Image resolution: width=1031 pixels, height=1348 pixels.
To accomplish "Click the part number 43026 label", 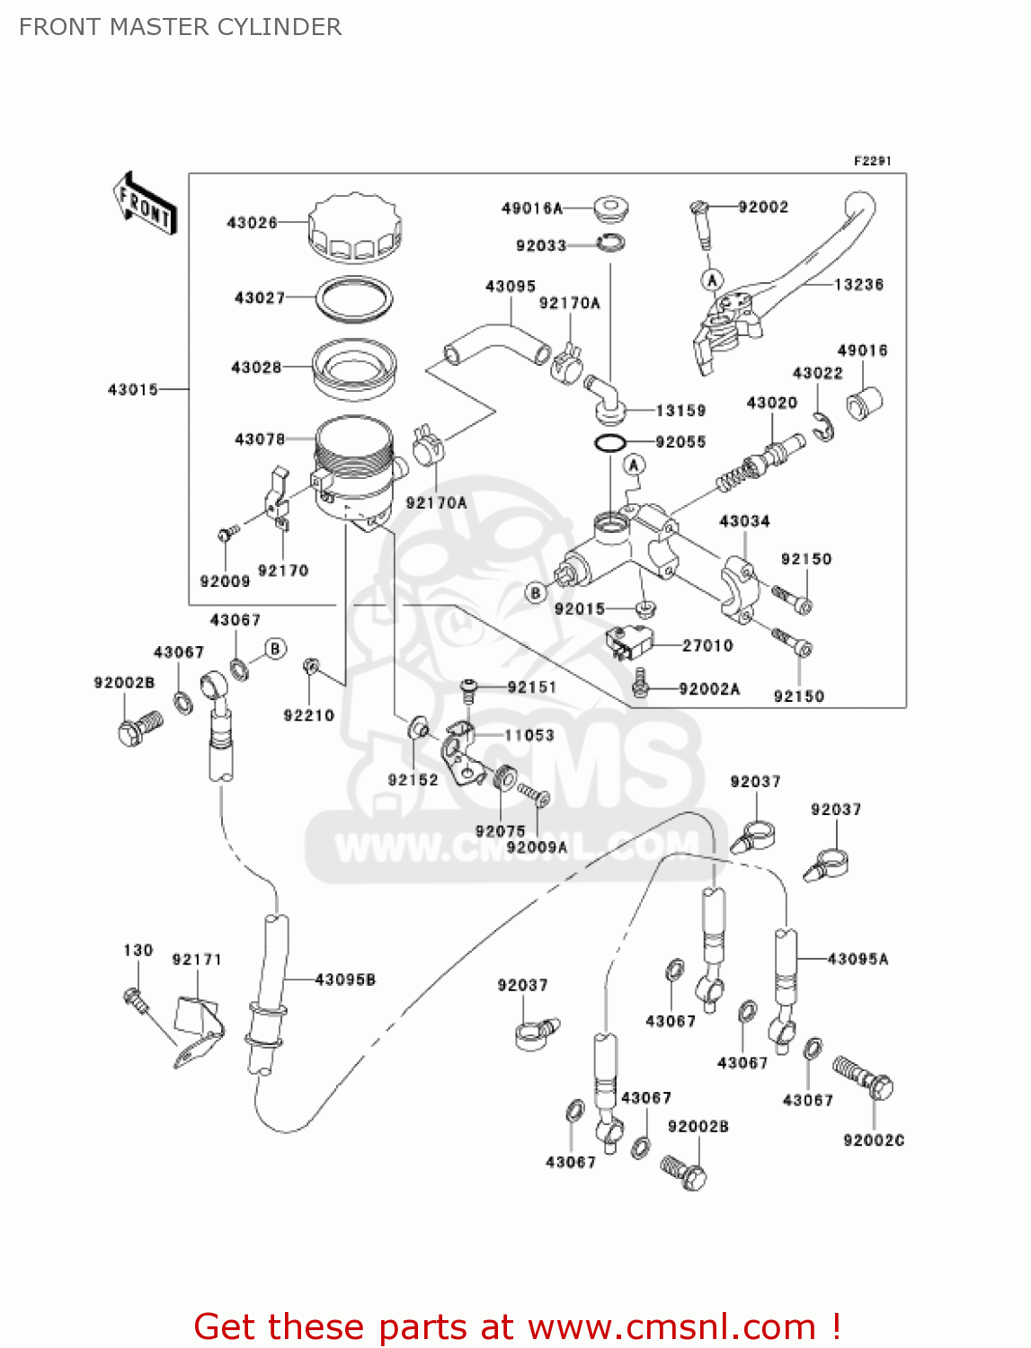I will coord(252,222).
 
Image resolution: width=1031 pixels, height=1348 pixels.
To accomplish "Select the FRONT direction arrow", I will coord(145,205).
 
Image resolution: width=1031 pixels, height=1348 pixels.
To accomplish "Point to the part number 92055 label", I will coord(680,442).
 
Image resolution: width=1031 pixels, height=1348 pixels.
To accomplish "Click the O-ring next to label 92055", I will coord(610,443).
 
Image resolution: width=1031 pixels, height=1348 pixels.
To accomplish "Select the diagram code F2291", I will coord(872,161).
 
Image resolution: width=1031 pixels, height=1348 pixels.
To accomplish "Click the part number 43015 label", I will coord(133,389).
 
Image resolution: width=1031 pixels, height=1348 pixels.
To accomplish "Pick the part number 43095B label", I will coord(345,980).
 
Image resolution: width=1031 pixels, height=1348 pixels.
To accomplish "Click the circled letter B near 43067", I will coord(276,649).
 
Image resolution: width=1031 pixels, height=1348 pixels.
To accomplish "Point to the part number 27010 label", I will coord(707,645).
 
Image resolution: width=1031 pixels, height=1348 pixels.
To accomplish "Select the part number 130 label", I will coord(138,950).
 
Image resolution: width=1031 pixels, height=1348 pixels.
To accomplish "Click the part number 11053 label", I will coord(529,735).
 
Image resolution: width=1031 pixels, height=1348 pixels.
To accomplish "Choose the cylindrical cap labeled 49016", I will coord(865,402).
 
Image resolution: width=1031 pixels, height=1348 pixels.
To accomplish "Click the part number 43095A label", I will coord(858,959).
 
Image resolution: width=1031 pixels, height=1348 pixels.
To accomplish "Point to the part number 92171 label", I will coord(197,960).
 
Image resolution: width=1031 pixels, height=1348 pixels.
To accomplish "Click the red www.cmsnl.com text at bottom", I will coord(671,1326).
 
